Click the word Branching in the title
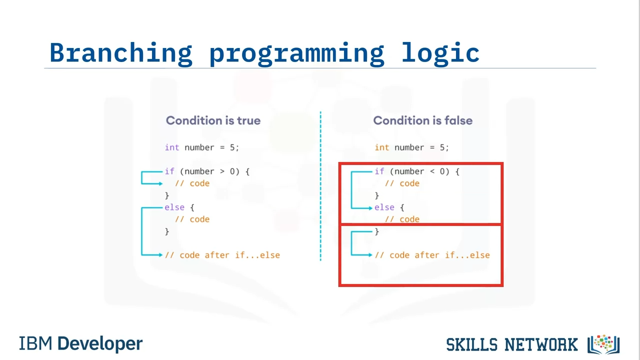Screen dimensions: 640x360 pos(121,53)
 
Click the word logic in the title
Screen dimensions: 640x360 pos(440,53)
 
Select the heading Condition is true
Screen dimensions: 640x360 pos(213,120)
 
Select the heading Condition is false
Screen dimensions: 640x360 pos(423,120)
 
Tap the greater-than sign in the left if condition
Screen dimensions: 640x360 pos(222,171)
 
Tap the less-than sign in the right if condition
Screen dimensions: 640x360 pos(432,171)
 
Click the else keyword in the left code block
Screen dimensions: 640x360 pos(174,207)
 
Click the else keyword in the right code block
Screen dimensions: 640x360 pos(384,207)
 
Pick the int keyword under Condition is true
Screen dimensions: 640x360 pos(172,147)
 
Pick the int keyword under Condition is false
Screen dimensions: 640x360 pos(382,147)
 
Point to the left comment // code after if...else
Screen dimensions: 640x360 pos(222,255)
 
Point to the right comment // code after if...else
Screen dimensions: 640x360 pos(432,255)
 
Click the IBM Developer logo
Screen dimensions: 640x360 pos(80,343)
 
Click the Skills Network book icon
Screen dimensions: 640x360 pos(603,344)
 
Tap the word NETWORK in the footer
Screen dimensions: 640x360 pos(541,344)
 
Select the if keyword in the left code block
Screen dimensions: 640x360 pos(169,171)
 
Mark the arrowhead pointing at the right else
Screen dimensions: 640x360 pos(370,208)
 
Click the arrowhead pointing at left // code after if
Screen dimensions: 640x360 pos(160,255)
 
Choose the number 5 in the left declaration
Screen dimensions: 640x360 pos(232,147)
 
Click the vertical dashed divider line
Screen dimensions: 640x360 pos(320,186)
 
